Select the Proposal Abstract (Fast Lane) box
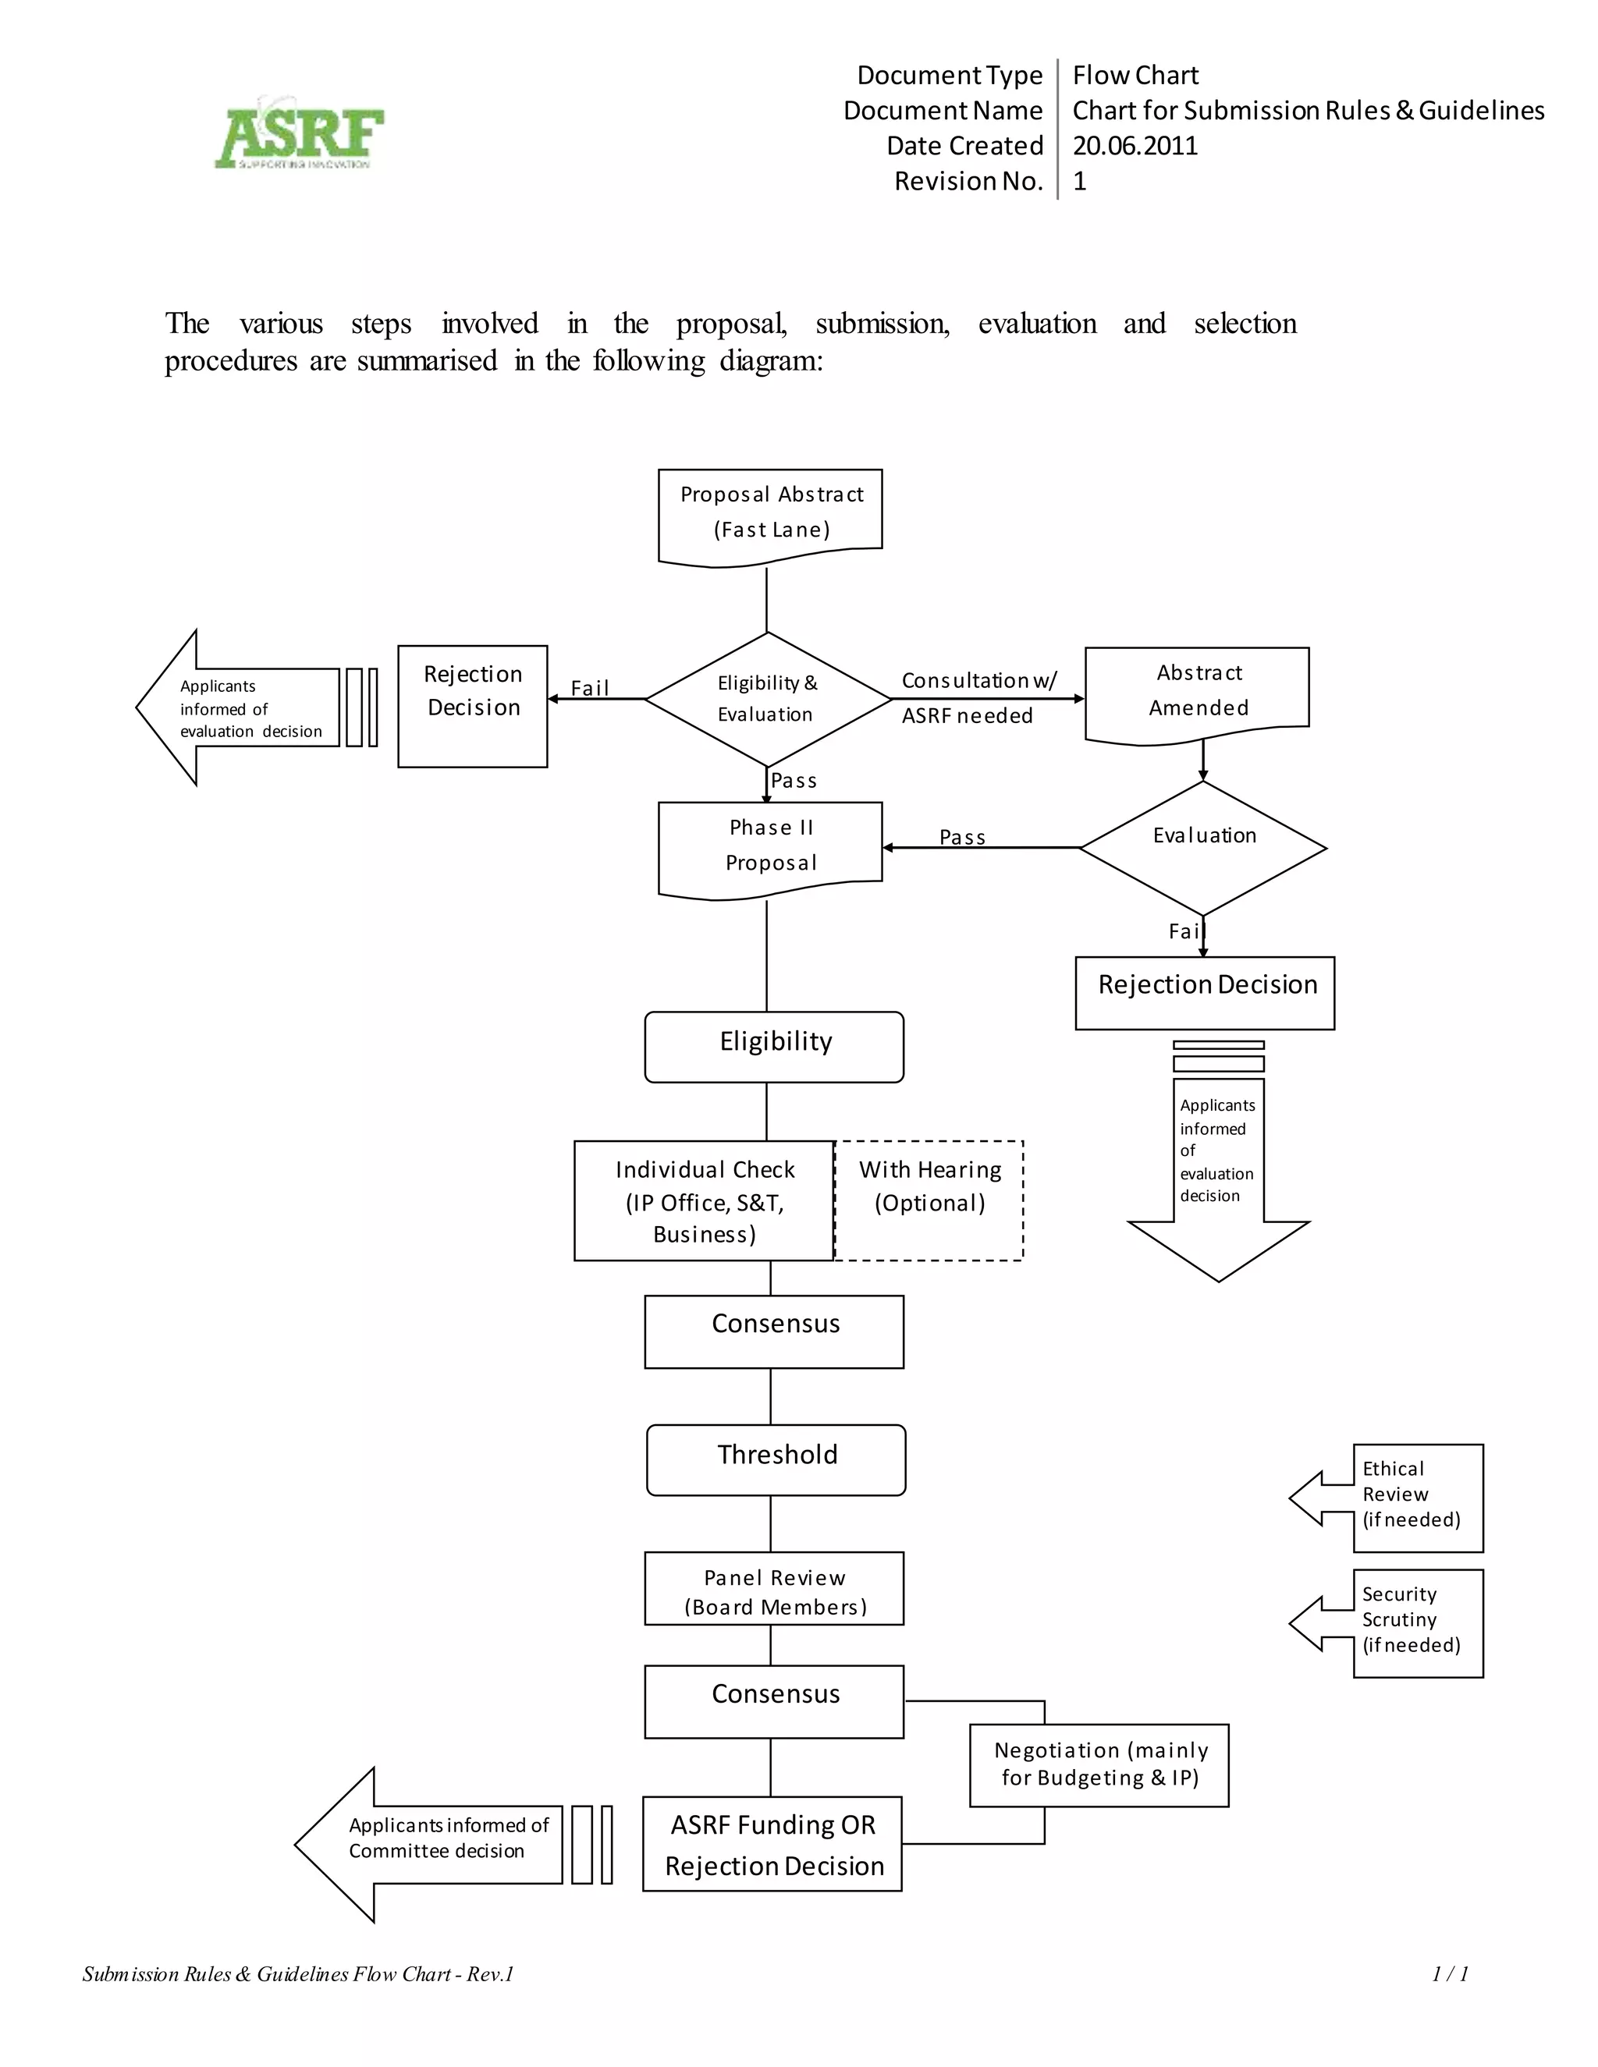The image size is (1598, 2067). (x=769, y=512)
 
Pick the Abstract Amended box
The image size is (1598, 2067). (x=1197, y=691)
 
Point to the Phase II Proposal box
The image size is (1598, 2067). (x=769, y=846)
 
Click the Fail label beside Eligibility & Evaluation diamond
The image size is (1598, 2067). (x=590, y=688)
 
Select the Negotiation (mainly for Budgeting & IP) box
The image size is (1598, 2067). (x=1098, y=1764)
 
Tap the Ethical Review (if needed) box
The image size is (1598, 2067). (x=1416, y=1498)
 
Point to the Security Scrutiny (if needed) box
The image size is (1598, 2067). (x=1416, y=1623)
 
